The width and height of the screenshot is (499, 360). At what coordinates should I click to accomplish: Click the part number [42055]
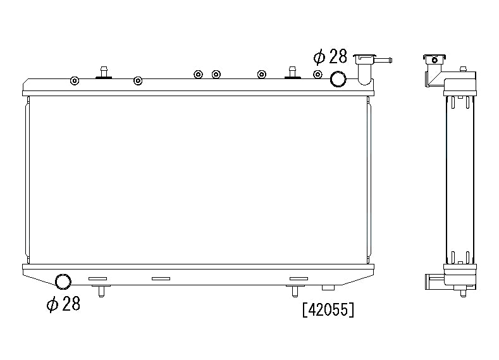328,310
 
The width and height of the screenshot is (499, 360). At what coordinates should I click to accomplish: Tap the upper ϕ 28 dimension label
330,57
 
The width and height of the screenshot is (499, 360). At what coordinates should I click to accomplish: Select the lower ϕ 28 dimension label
63,304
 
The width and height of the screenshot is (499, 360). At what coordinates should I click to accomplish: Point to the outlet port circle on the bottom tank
63,282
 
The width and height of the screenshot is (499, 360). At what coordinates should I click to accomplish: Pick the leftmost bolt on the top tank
75,80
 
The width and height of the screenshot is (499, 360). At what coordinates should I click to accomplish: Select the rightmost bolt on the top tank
318,75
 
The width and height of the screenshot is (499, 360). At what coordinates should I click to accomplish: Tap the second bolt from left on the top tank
138,80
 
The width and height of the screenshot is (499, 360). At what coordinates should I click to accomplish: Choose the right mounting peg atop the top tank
292,72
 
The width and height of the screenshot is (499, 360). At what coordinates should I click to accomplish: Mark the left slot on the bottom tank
98,278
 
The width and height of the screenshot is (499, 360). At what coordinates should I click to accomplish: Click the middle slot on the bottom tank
161,278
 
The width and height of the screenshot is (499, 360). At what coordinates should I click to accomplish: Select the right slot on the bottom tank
298,278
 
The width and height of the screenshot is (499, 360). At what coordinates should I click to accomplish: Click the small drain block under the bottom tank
328,288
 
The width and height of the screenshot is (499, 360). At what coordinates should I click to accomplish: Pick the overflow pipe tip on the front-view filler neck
390,61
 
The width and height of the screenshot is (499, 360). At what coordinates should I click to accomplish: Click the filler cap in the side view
433,60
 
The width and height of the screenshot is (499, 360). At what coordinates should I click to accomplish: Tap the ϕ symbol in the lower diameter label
53,304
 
